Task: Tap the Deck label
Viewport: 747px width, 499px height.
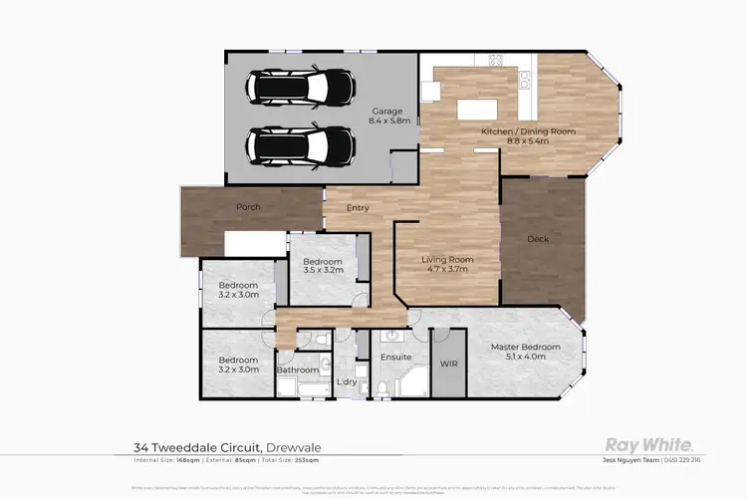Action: click(537, 239)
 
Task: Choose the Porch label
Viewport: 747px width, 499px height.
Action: click(248, 207)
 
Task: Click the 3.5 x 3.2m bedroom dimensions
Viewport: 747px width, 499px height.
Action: click(323, 270)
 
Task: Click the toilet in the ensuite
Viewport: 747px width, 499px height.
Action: click(381, 386)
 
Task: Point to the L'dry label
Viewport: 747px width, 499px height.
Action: click(347, 381)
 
